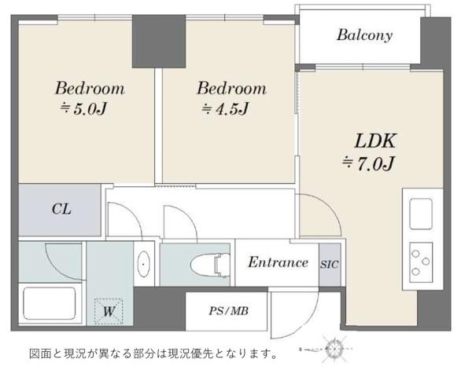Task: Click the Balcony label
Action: click(x=364, y=35)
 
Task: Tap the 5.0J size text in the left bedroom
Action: click(x=83, y=109)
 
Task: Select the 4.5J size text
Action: click(x=226, y=109)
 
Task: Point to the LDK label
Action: click(x=375, y=141)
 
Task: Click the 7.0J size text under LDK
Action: click(x=368, y=164)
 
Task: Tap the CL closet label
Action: click(x=61, y=209)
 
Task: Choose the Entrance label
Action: click(x=278, y=262)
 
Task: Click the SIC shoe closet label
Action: click(x=330, y=265)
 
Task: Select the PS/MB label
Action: click(x=229, y=311)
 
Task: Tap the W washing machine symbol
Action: click(x=109, y=312)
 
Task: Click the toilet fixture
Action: click(x=210, y=265)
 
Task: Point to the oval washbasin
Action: click(x=144, y=264)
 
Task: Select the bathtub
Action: click(x=50, y=303)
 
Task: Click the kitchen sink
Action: click(x=422, y=214)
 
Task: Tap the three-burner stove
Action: click(x=421, y=262)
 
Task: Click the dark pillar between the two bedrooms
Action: click(x=159, y=41)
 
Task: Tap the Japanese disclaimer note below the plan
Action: click(x=153, y=353)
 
